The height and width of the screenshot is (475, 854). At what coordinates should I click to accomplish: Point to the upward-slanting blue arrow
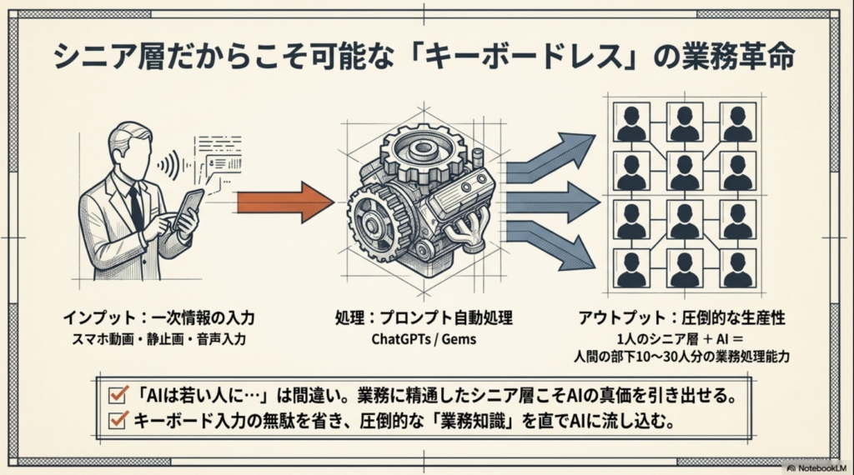coord(550,157)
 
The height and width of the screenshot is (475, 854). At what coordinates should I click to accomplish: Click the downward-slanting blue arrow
coord(550,247)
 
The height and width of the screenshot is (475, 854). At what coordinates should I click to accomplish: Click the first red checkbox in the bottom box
coord(118,392)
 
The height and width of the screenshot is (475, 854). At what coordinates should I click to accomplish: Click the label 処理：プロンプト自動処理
coord(423,318)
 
